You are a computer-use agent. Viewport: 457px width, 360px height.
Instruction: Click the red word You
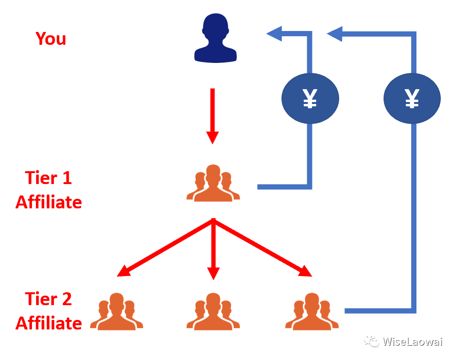pyautogui.click(x=51, y=38)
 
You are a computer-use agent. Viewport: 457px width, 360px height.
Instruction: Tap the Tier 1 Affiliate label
pyautogui.click(x=49, y=190)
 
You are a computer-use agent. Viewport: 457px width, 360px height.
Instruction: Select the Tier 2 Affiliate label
pyautogui.click(x=49, y=311)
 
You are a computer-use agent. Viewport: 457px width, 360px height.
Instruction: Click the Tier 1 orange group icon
pyautogui.click(x=213, y=184)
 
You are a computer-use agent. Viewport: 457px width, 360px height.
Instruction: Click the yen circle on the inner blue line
pyautogui.click(x=311, y=99)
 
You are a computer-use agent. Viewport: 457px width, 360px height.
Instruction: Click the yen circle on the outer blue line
pyautogui.click(x=412, y=99)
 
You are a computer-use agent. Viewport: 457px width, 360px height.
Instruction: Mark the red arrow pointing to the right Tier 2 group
pyautogui.click(x=263, y=247)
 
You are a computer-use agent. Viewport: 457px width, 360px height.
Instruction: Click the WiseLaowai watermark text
pyautogui.click(x=414, y=342)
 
